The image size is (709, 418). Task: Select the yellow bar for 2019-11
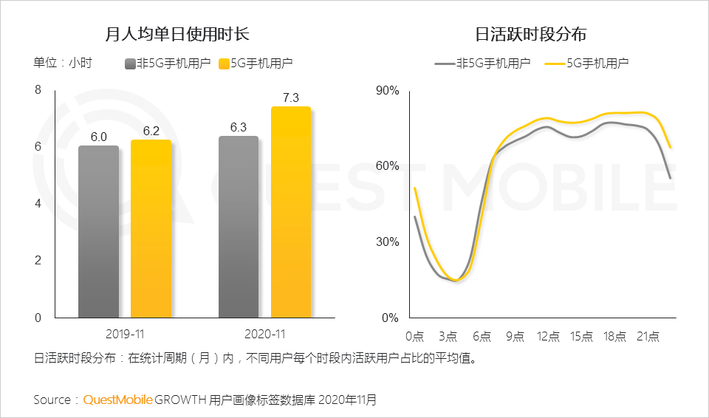(x=151, y=229)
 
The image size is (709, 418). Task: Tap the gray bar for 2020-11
(x=239, y=227)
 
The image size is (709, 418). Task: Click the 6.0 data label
(x=99, y=137)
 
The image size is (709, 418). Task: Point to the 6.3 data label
(x=239, y=127)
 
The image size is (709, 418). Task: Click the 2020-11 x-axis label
(x=264, y=335)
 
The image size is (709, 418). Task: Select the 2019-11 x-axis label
(x=124, y=335)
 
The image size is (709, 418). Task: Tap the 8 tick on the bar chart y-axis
(x=38, y=90)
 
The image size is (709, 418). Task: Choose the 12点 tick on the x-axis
(x=548, y=337)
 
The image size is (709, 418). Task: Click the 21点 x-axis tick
(x=648, y=337)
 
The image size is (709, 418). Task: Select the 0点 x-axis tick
(x=414, y=337)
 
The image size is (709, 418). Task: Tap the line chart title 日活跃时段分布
(x=531, y=34)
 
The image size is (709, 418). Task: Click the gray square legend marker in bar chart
(x=130, y=64)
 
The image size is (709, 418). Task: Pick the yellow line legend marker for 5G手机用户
(x=554, y=64)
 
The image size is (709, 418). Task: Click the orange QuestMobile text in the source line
(x=118, y=400)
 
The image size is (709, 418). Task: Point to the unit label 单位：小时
(x=62, y=64)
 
